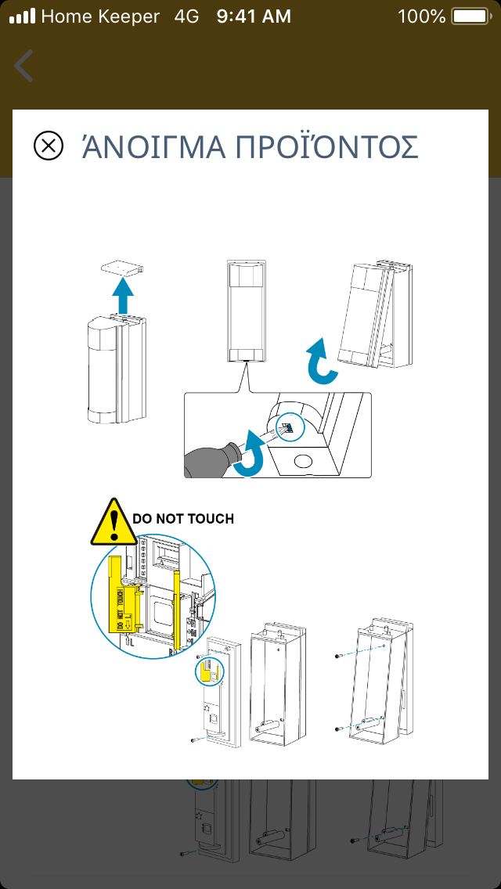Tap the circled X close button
tap(49, 146)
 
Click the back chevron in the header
tap(24, 66)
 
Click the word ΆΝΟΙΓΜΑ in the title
tap(148, 147)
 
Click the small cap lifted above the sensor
tap(124, 268)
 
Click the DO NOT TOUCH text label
tap(183, 519)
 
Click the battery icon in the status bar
tap(470, 16)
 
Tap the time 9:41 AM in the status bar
tap(253, 16)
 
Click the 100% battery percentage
tap(421, 16)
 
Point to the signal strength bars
tap(22, 16)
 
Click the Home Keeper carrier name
tap(100, 16)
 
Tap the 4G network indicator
tap(187, 16)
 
